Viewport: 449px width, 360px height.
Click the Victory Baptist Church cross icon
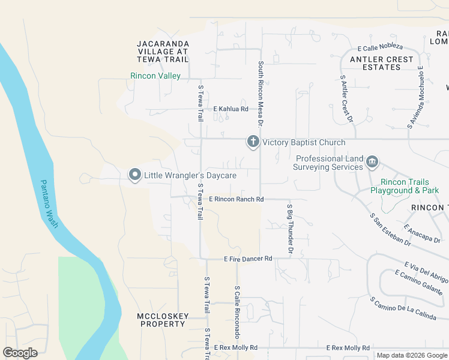tap(253, 142)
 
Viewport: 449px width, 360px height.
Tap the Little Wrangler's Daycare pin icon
tap(135, 175)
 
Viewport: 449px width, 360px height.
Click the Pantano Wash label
tap(49, 203)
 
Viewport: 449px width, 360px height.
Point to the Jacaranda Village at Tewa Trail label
tap(163, 52)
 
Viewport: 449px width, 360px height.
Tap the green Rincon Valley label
tap(155, 76)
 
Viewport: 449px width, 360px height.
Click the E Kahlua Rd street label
tap(231, 109)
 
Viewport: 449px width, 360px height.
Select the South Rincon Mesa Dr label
tap(261, 94)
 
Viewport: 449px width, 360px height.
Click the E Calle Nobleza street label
tap(380, 47)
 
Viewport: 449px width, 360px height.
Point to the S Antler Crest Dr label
tap(346, 98)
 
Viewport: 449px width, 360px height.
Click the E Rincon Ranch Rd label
tap(236, 199)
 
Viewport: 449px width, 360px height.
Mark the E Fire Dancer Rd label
tap(248, 259)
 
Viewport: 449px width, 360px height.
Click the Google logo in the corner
tap(20, 353)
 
